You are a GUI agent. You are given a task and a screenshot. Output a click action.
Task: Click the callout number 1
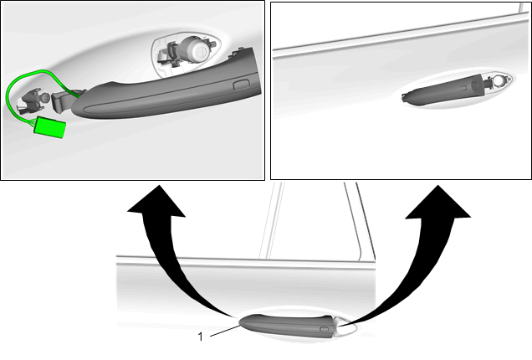pos(201,337)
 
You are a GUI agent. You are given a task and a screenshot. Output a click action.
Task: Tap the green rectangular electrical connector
pos(49,126)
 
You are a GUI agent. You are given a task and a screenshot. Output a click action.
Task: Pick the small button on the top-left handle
pos(241,85)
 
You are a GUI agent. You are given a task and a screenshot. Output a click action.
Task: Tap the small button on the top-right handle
pos(463,88)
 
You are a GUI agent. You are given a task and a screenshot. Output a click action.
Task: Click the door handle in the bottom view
pos(289,327)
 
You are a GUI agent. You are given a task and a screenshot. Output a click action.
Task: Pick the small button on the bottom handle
pos(324,329)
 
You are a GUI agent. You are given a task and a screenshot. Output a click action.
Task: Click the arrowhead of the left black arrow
pos(156,201)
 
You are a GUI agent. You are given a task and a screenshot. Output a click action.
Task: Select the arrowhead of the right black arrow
pos(438,202)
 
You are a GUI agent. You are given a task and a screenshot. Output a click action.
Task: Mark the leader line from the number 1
pos(225,331)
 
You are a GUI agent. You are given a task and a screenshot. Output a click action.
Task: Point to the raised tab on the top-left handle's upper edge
pos(238,52)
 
